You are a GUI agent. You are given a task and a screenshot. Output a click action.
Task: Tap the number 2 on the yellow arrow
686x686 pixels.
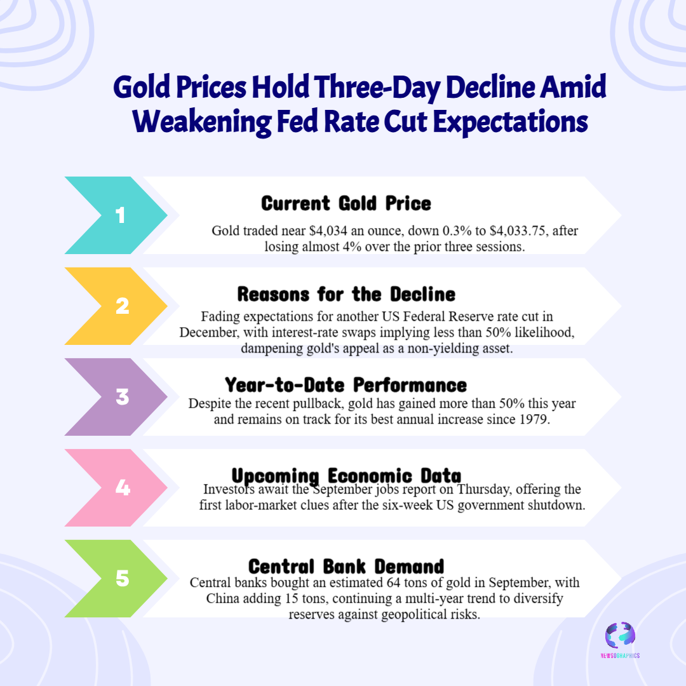(122, 307)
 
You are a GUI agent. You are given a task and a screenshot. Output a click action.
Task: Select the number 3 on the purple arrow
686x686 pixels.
(122, 398)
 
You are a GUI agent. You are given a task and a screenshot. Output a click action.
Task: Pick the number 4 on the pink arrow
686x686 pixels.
(122, 488)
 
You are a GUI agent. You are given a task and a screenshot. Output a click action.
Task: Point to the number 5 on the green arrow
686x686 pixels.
(122, 579)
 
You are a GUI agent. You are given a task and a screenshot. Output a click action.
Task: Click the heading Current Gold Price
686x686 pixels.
(346, 203)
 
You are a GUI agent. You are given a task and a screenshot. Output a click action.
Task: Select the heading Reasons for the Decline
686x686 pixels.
(346, 295)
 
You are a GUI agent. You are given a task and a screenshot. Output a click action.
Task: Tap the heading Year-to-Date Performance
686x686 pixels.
(346, 385)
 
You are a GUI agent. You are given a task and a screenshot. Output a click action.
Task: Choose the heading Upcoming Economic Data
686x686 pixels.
(346, 476)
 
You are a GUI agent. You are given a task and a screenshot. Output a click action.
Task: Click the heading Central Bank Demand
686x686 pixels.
(346, 567)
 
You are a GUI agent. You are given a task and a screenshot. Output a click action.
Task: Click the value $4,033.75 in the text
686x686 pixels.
(513, 231)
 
